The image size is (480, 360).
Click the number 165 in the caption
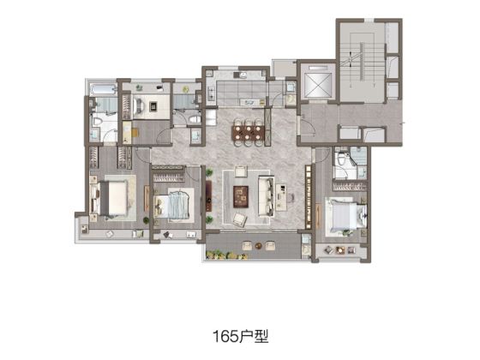click(225, 336)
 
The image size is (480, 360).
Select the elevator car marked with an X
click(318, 82)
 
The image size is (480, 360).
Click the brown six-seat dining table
click(248, 133)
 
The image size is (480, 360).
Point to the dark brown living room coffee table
click(241, 196)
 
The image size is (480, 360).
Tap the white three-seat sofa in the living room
click(266, 195)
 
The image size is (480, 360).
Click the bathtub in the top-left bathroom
click(103, 89)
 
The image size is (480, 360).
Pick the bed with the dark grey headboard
click(113, 198)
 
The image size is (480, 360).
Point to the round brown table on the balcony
click(259, 245)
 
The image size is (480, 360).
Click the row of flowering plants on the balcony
click(226, 255)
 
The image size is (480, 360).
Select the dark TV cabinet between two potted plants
click(209, 196)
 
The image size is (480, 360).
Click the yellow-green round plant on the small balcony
click(185, 89)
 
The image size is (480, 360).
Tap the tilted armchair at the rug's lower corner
click(240, 219)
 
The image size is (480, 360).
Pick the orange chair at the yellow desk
click(135, 132)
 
